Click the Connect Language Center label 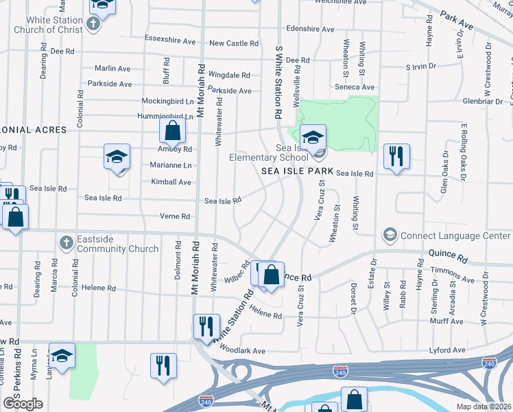click(x=455, y=236)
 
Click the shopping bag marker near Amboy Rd click(x=173, y=130)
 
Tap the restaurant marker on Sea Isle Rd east click(x=396, y=156)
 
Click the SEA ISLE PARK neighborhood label click(x=297, y=171)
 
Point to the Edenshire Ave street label click(x=310, y=30)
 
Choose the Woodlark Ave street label click(x=243, y=351)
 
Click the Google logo click(x=23, y=404)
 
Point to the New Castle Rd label click(x=234, y=43)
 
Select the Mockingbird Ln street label click(x=165, y=101)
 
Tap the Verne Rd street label click(x=175, y=216)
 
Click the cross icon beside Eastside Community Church click(x=66, y=242)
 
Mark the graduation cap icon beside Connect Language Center click(x=390, y=236)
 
